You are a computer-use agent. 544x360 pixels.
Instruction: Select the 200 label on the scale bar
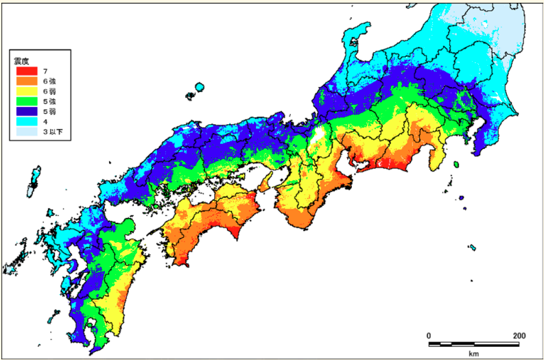(x=519, y=335)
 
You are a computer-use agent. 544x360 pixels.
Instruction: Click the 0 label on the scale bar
(x=429, y=335)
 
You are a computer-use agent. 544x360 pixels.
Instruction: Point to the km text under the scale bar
(x=473, y=353)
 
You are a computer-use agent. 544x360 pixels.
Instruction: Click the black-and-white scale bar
(x=473, y=343)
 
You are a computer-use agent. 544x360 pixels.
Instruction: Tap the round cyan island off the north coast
(x=199, y=88)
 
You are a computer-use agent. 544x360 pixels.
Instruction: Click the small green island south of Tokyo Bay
(x=456, y=165)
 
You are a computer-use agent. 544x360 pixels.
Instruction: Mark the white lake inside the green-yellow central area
(x=316, y=135)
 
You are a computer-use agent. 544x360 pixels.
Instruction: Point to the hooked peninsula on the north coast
(x=355, y=38)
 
